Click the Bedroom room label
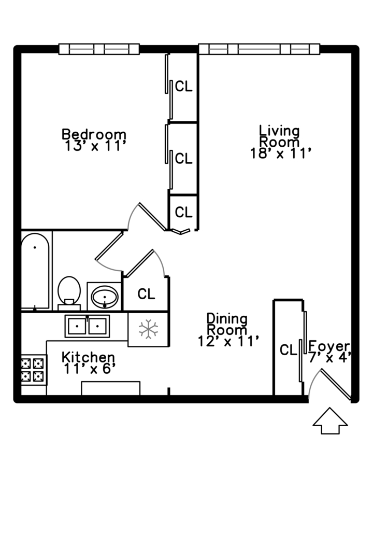pos(94,134)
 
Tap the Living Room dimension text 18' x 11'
pos(280,153)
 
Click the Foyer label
pos(329,346)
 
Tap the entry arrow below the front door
pos(330,421)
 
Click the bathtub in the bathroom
pos(36,271)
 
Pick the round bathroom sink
pos(105,297)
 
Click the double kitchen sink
pos(87,326)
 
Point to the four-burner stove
pos(33,369)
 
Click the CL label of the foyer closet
pos(288,350)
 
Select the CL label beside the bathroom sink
pos(146,294)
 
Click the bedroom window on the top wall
pos(99,49)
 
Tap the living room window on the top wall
pos(259,49)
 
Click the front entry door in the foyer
pos(337,385)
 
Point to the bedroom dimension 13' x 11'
pos(96,146)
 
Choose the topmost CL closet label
pos(183,87)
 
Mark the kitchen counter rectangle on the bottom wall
pos(111,388)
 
